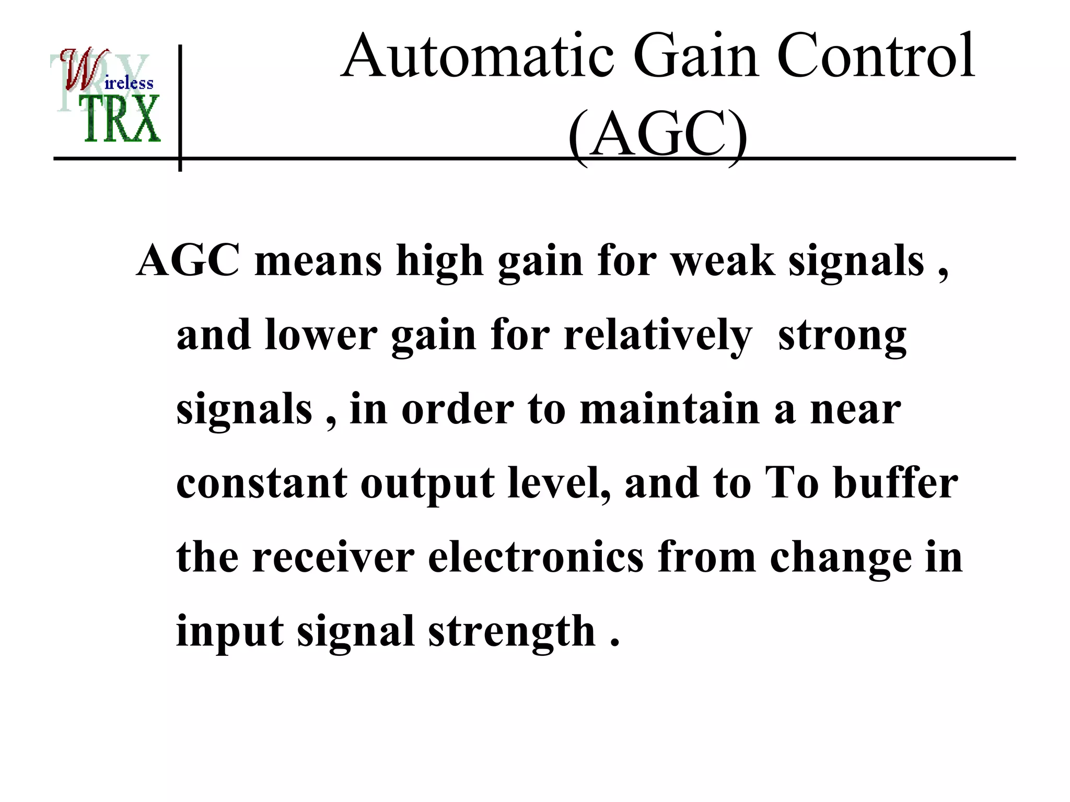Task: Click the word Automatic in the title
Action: click(x=479, y=56)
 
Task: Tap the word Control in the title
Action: click(x=876, y=56)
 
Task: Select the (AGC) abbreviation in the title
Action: click(x=657, y=135)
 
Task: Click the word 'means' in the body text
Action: click(x=318, y=261)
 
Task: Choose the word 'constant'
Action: click(x=261, y=483)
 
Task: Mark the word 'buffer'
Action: click(x=895, y=483)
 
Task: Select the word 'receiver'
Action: click(x=333, y=557)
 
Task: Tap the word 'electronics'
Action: click(x=536, y=557)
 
